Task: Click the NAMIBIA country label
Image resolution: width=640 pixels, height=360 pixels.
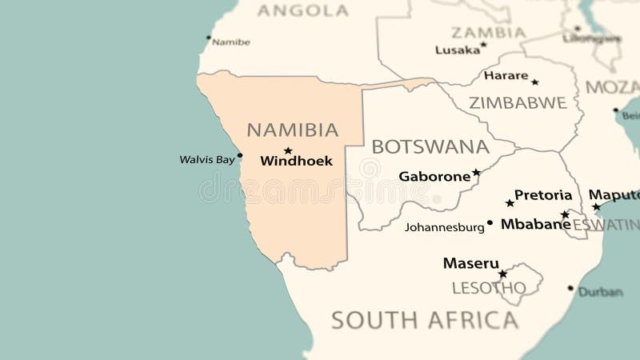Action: coord(292,130)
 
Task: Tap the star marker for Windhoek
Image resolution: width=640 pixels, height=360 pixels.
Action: coord(288,150)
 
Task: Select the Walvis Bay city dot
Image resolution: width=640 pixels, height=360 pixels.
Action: coord(240,155)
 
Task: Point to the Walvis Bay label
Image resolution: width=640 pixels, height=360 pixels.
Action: coord(207,159)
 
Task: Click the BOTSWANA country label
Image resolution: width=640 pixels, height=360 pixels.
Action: coord(430,146)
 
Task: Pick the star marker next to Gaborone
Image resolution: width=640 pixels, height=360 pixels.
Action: coord(476,172)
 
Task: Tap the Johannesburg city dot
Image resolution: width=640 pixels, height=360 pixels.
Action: coord(490,222)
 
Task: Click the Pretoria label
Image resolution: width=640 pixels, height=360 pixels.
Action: coord(543,194)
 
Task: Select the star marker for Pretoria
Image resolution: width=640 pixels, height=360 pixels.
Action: coord(510,203)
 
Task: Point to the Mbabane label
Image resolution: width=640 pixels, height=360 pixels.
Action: coord(535,225)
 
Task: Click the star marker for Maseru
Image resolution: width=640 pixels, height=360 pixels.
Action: coord(502,274)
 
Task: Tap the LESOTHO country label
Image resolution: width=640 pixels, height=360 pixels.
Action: coord(489,287)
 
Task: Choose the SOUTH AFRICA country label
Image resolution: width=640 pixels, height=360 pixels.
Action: coord(425,320)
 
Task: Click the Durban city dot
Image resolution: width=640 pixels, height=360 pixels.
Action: coord(570,288)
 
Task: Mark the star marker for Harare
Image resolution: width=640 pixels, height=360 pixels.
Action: coord(534,82)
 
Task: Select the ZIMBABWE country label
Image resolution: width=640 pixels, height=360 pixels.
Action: coord(518,102)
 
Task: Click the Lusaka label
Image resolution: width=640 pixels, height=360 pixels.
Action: coord(458,50)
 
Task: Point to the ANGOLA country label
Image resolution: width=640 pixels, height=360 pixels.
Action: coord(302,10)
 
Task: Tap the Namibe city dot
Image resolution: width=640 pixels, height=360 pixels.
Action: coord(209,37)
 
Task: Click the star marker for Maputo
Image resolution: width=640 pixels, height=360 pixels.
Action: coord(596,206)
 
